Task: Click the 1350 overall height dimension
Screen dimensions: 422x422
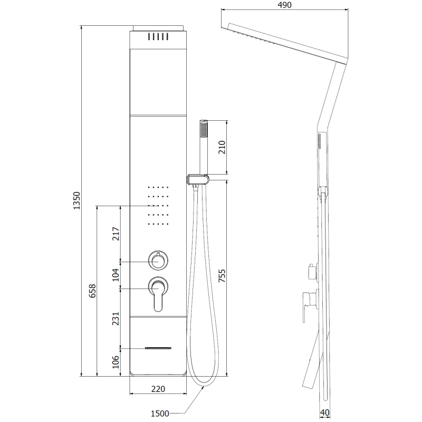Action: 76,200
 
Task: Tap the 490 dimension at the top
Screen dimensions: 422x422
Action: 284,5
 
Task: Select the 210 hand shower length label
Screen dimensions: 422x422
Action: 222,147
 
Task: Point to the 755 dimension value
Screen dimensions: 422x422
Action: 222,275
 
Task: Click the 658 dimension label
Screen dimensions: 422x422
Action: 92,291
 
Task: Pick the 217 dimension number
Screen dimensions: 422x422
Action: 116,234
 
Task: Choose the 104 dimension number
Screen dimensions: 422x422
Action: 116,275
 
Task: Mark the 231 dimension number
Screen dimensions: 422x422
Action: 116,319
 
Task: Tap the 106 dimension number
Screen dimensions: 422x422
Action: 116,362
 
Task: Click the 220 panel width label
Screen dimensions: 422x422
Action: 158,389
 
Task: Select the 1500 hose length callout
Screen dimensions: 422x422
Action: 160,414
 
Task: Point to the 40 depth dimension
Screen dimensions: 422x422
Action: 325,413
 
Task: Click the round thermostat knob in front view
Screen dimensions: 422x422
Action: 158,261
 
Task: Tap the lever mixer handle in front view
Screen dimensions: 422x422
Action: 158,294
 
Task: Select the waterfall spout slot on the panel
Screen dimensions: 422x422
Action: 158,348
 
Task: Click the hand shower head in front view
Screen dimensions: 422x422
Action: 204,147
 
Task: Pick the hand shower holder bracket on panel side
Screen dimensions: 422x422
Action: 197,180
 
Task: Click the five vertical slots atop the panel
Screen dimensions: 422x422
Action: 158,36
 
